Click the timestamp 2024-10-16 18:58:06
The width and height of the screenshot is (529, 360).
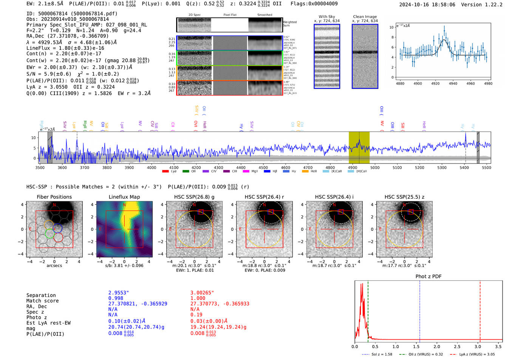427,5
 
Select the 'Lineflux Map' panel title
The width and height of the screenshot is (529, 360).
124,197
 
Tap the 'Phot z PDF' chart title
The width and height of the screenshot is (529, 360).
428,277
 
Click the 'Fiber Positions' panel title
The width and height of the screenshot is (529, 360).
54,197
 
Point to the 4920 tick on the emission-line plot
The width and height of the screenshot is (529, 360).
435,83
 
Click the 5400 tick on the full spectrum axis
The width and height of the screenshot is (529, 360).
464,167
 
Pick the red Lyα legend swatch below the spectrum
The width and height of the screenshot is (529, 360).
165,172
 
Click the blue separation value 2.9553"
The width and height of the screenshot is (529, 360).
119,293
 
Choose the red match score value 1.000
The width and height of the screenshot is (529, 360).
198,298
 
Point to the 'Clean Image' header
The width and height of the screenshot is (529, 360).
365,17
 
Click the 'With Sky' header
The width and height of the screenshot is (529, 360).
326,17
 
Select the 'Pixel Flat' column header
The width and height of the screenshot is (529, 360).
230,15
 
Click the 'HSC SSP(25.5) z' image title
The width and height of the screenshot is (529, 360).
404,197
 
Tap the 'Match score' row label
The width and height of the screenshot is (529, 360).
42,301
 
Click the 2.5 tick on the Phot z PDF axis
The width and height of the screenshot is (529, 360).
457,346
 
